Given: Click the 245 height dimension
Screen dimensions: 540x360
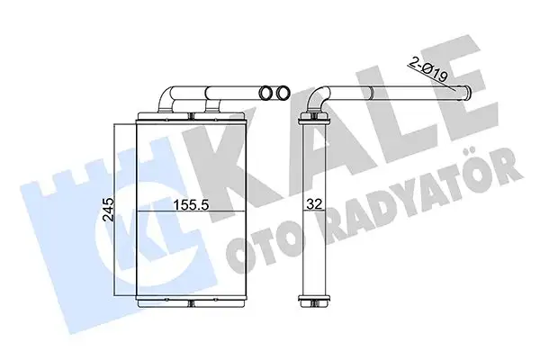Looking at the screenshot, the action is [109, 209].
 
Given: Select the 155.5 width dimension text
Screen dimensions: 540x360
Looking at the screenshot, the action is [191, 204].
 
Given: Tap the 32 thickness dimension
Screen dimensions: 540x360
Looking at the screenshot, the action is [314, 204].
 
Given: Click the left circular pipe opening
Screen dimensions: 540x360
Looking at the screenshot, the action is [266, 93].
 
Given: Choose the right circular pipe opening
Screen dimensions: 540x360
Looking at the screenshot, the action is [283, 93].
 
